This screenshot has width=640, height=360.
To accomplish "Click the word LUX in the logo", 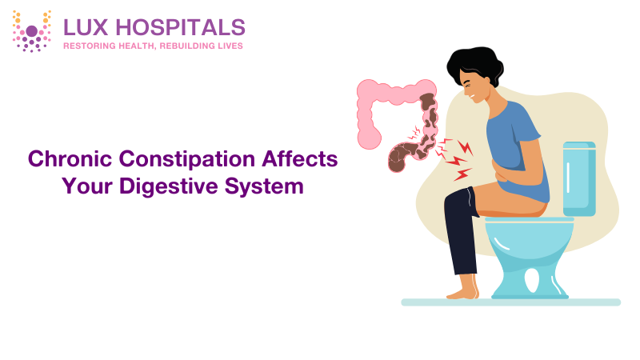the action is pyautogui.click(x=86, y=27).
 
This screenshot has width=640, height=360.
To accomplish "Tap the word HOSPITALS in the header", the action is pyautogui.click(x=181, y=27).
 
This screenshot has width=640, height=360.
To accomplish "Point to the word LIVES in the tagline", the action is pyautogui.click(x=230, y=46).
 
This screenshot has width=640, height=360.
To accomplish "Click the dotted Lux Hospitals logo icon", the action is pyautogui.click(x=32, y=31).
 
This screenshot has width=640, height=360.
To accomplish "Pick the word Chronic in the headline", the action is pyautogui.click(x=69, y=158).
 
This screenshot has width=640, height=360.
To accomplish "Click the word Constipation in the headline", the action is pyautogui.click(x=187, y=159).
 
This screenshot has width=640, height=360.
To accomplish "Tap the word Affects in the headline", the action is pyautogui.click(x=300, y=158).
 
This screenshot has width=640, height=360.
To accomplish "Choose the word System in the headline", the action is pyautogui.click(x=264, y=186).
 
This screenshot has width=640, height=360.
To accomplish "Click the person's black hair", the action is pyautogui.click(x=475, y=65).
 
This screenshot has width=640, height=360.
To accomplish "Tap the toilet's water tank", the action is pyautogui.click(x=579, y=178).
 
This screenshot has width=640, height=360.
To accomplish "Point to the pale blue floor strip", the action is pyautogui.click(x=511, y=302).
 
